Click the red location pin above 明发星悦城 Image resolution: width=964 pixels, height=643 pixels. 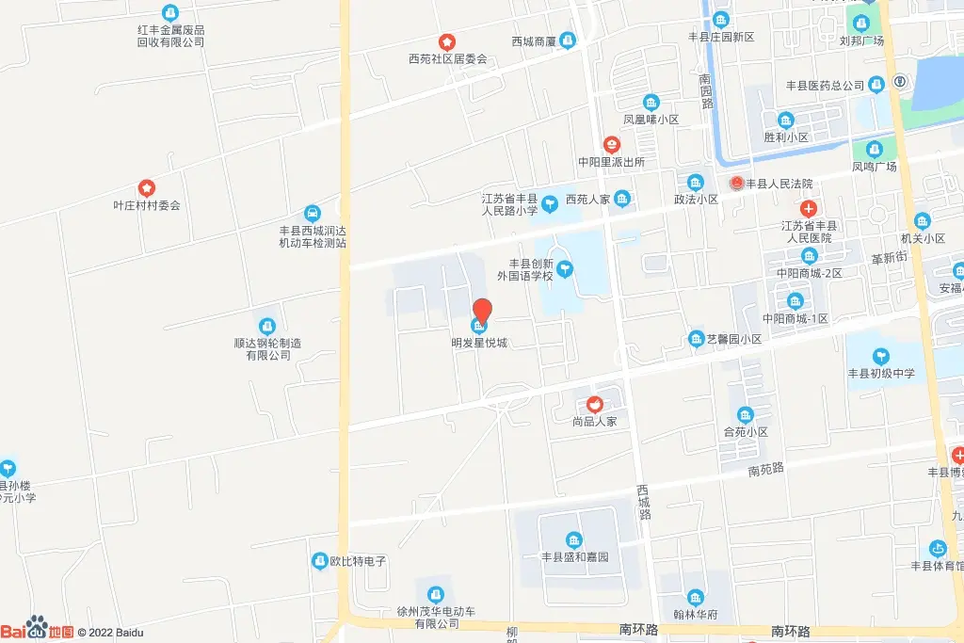(481, 310)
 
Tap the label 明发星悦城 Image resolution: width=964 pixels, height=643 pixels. (479, 343)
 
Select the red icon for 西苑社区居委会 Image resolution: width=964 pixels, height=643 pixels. (447, 42)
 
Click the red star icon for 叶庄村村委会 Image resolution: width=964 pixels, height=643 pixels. (146, 188)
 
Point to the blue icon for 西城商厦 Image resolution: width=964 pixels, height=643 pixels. (568, 40)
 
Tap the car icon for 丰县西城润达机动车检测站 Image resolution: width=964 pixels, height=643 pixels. (313, 213)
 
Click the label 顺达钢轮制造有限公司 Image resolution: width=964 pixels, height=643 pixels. (268, 349)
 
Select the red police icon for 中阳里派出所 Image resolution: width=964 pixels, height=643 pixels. (612, 145)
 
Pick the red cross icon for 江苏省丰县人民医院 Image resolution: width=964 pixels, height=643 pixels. (808, 209)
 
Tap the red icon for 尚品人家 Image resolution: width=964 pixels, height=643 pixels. (595, 405)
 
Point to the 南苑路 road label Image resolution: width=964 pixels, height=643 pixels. (766, 470)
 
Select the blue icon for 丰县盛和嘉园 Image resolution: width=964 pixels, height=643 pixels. (573, 539)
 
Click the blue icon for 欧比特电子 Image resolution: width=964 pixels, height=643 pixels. (319, 561)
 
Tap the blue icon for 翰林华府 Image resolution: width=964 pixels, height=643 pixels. (695, 597)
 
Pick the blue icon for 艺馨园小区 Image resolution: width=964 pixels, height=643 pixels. (696, 339)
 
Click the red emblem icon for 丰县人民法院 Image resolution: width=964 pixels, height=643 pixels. (736, 184)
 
